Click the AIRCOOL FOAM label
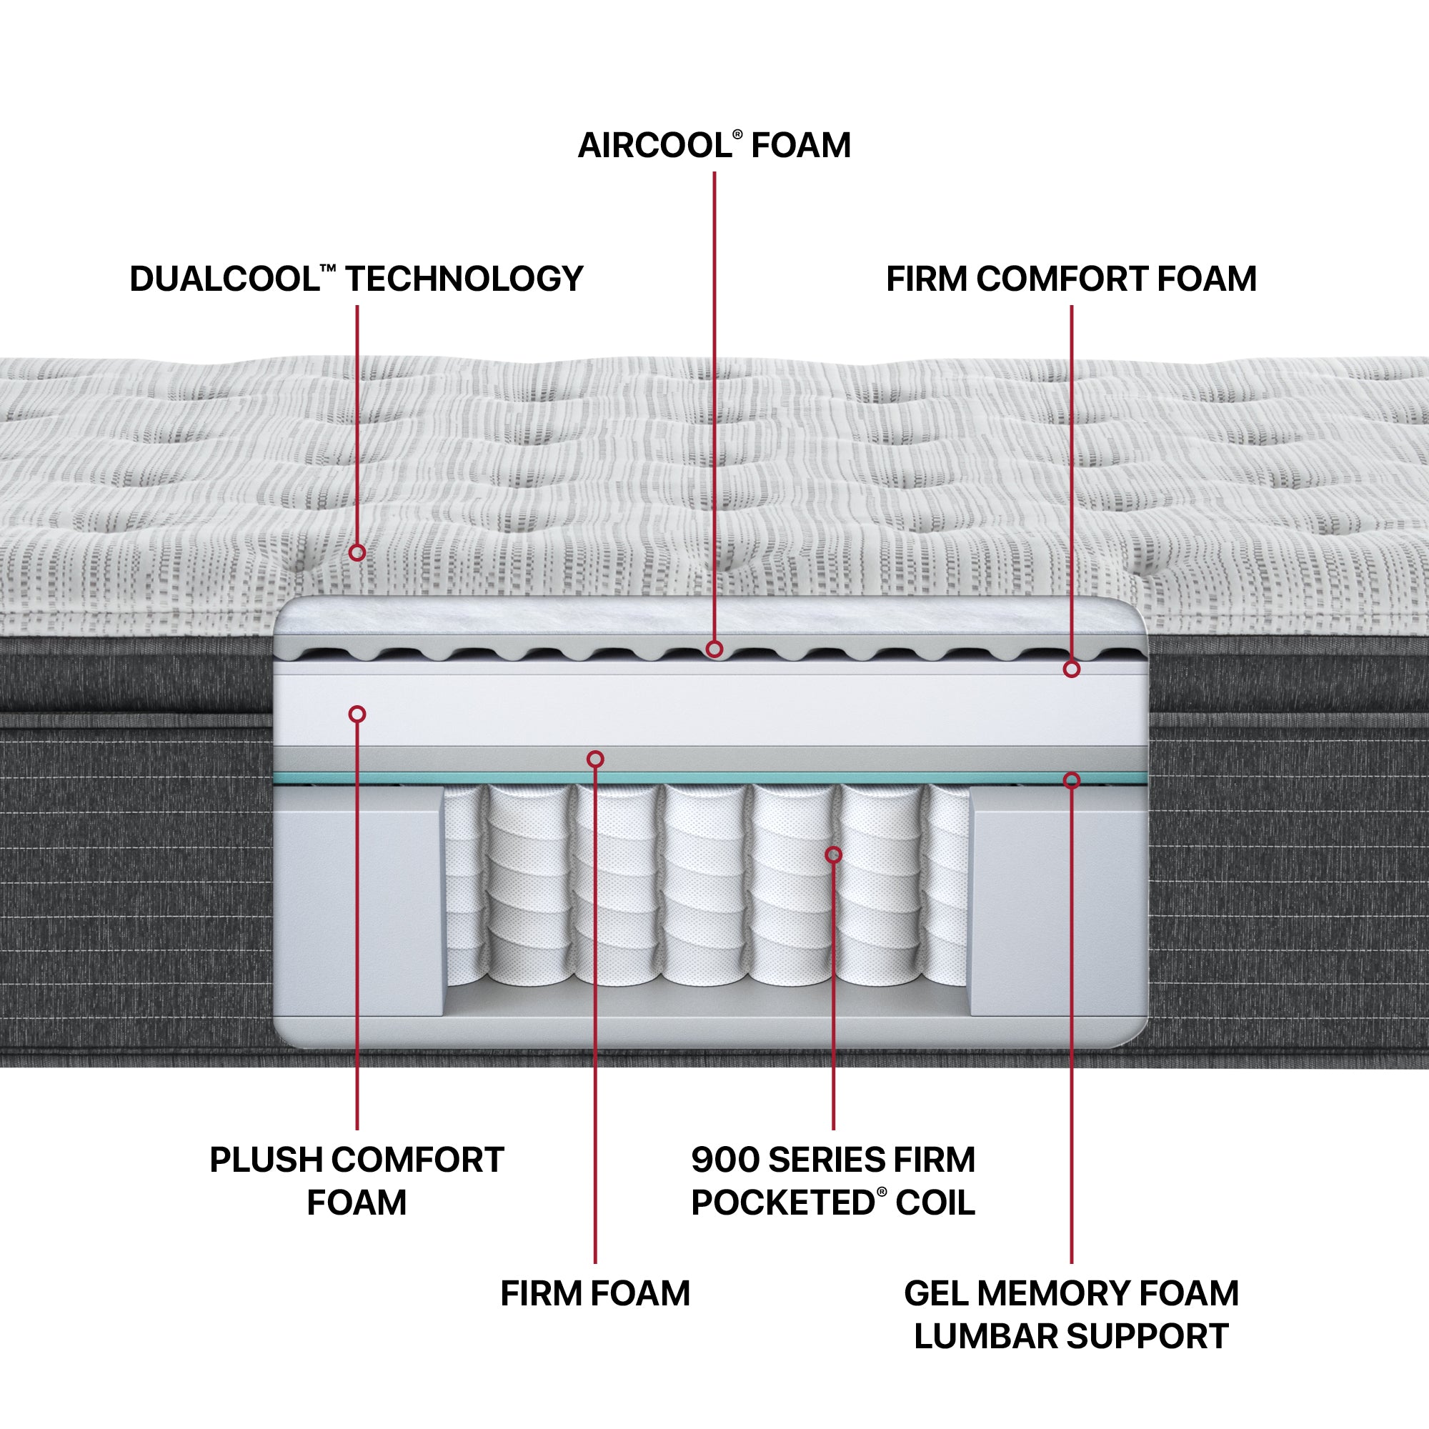[x=714, y=145]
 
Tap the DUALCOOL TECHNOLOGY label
[x=357, y=279]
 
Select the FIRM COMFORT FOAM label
[x=1071, y=279]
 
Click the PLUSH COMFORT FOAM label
[x=357, y=1180]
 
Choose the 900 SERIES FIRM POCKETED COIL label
[x=833, y=1180]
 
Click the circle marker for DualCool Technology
[x=357, y=552]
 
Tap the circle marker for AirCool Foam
[x=714, y=649]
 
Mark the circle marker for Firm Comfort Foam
[x=1071, y=669]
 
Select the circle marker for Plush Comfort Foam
[x=357, y=714]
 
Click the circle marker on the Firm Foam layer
[x=595, y=759]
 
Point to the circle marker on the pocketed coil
[x=834, y=855]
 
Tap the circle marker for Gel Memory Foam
[x=1071, y=780]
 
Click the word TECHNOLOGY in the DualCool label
[x=464, y=279]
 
